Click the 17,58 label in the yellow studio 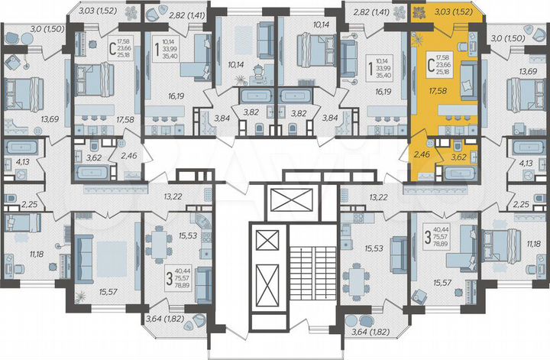tap(437, 89)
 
